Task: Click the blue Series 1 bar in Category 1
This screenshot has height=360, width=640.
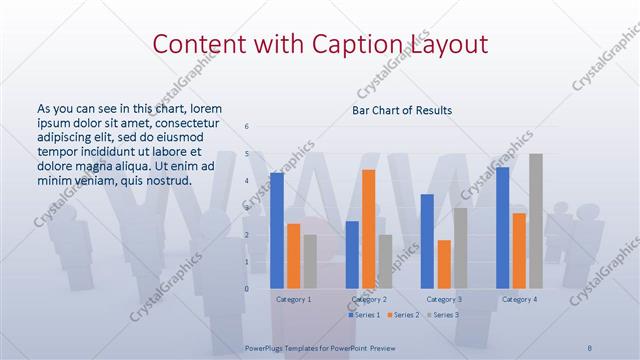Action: pyautogui.click(x=276, y=230)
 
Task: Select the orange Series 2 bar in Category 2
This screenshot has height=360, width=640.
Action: pyautogui.click(x=369, y=229)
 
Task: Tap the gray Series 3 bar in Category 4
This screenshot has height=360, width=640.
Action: pyautogui.click(x=536, y=221)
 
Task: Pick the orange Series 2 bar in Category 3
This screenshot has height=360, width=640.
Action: pyautogui.click(x=444, y=264)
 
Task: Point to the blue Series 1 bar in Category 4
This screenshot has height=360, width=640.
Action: pyautogui.click(x=502, y=227)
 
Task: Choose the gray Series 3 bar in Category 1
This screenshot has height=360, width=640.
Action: pyautogui.click(x=310, y=261)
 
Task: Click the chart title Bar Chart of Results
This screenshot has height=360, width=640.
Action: pyautogui.click(x=402, y=110)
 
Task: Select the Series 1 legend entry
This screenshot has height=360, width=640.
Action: pyautogui.click(x=364, y=315)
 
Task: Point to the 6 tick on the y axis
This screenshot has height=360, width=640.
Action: pyautogui.click(x=247, y=127)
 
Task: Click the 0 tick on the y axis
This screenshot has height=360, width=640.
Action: pyautogui.click(x=247, y=289)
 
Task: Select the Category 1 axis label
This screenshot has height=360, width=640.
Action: pyautogui.click(x=293, y=299)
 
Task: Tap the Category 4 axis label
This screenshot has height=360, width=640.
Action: pyautogui.click(x=519, y=299)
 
